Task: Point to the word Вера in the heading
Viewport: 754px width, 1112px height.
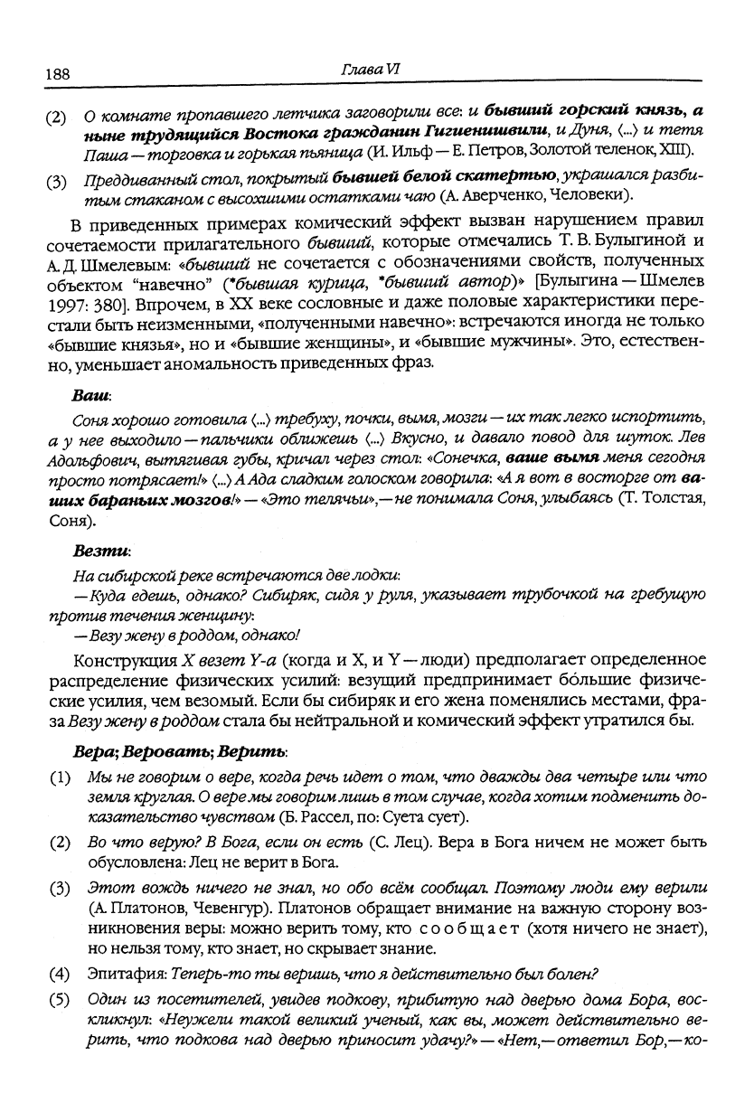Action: click(x=93, y=751)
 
